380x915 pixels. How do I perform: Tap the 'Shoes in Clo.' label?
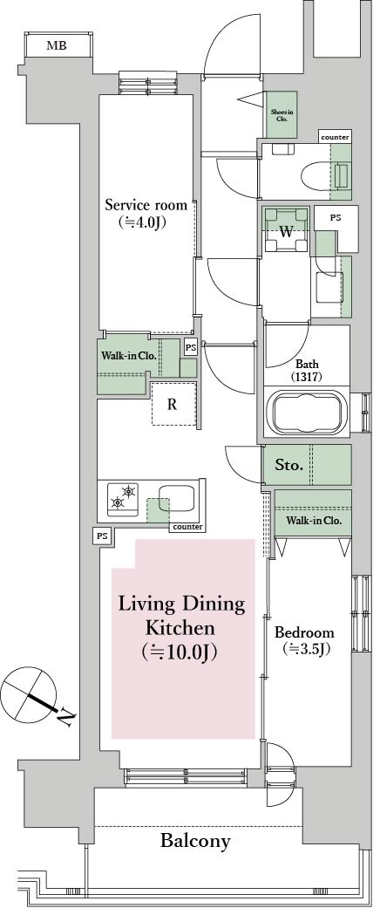click(x=282, y=115)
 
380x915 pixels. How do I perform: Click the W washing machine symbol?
click(x=285, y=231)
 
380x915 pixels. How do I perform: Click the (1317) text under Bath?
click(x=306, y=378)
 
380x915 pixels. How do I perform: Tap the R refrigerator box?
click(x=173, y=404)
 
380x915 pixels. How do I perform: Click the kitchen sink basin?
click(x=176, y=502)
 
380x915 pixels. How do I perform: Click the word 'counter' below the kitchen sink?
click(x=187, y=527)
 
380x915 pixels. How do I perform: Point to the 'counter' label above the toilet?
click(x=335, y=138)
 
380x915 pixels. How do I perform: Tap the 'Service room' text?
click(x=146, y=206)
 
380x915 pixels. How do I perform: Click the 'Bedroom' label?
click(x=304, y=632)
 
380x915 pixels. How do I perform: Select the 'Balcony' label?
click(x=195, y=841)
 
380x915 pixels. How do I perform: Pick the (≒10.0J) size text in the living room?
click(x=181, y=651)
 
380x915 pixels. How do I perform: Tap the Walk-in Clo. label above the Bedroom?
click(x=313, y=521)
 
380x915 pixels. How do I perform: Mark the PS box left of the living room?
click(x=103, y=536)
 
